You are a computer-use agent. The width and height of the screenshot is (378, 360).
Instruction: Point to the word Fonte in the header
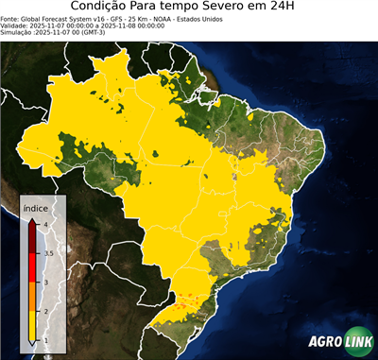11,18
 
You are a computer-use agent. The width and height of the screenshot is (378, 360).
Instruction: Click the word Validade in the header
16,26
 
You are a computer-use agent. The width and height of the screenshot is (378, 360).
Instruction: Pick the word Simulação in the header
19,33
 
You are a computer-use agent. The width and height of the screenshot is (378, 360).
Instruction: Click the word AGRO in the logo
324,343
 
